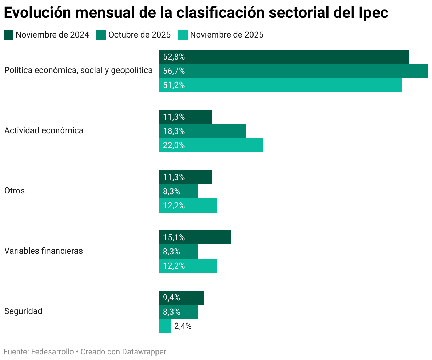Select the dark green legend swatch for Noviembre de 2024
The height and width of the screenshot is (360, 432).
point(8,35)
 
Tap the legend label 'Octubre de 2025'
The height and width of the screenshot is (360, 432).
point(140,35)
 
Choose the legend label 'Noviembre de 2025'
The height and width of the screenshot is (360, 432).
point(227,35)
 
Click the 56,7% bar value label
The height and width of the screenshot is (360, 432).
point(174,71)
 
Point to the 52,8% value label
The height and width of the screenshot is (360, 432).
point(174,57)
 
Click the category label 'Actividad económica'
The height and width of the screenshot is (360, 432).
point(44,130)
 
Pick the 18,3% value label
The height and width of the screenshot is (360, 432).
point(174,131)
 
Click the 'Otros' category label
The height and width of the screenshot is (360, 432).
point(15,191)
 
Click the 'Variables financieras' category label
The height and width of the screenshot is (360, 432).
point(44,251)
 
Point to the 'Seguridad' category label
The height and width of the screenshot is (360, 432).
point(23,311)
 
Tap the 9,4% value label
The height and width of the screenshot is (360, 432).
point(172,298)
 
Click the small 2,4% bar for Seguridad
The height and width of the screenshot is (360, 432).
point(165,326)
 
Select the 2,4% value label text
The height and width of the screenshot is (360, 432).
point(183,326)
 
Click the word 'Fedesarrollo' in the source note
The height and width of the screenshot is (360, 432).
point(52,352)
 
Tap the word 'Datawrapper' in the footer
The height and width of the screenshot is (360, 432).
point(144,352)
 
